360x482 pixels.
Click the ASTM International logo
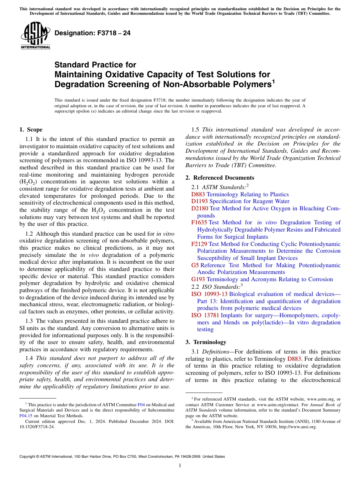pyautogui.click(x=35, y=35)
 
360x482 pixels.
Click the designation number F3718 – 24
pyautogui.click(x=92, y=33)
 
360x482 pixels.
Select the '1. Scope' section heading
pyautogui.click(x=31, y=130)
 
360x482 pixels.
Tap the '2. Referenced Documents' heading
pyautogui.click(x=220, y=178)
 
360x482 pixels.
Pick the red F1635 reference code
pyautogui.click(x=199, y=222)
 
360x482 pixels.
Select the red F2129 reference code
pyautogui.click(x=199, y=244)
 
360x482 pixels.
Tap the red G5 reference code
pyautogui.click(x=195, y=265)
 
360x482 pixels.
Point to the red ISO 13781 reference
pyautogui.click(x=205, y=315)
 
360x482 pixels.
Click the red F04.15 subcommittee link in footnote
pyautogui.click(x=25, y=415)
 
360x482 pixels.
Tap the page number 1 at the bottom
pyautogui.click(x=180, y=466)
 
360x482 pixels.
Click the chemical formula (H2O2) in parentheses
pyautogui.click(x=27, y=182)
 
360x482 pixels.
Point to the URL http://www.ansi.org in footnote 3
pyautogui.click(x=297, y=427)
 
